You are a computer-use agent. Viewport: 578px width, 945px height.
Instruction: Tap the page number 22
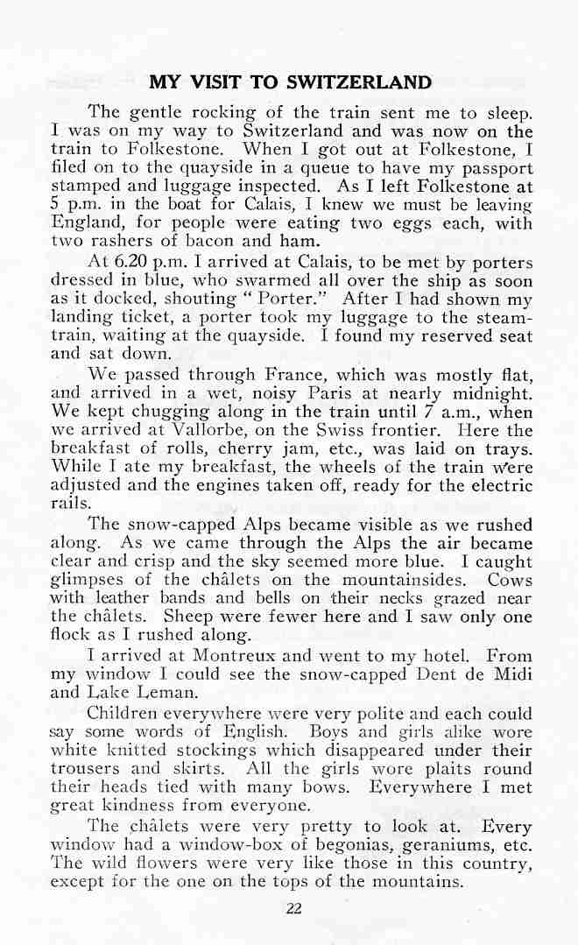293,907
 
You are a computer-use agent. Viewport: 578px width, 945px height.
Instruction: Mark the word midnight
491,394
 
